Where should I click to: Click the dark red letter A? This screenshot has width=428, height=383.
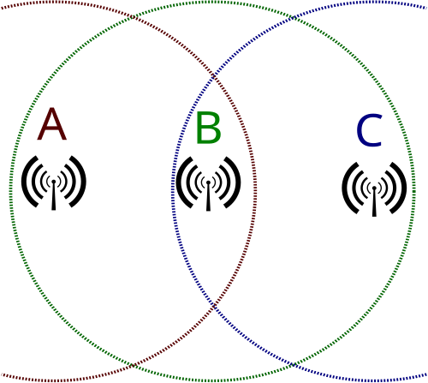pyautogui.click(x=52, y=124)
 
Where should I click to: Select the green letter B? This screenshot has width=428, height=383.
pyautogui.click(x=209, y=128)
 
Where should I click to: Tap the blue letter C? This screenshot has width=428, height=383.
pyautogui.click(x=370, y=130)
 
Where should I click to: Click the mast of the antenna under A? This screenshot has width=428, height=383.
pyautogui.click(x=53, y=196)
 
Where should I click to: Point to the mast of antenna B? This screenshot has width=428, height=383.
pyautogui.click(x=208, y=197)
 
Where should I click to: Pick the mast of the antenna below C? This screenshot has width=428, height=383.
pyautogui.click(x=374, y=203)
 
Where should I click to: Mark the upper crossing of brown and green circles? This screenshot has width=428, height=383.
pyautogui.click(x=133, y=18)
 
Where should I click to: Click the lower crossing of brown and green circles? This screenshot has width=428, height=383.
pyautogui.click(x=132, y=365)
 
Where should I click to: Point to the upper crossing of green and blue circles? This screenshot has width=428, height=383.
pyautogui.click(x=293, y=18)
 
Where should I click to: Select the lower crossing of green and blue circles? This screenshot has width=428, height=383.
pyautogui.click(x=292, y=364)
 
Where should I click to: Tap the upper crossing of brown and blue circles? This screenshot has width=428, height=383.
pyautogui.click(x=213, y=76)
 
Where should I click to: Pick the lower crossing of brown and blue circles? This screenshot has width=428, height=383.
pyautogui.click(x=213, y=307)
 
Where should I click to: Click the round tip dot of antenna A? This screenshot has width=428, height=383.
pyautogui.click(x=53, y=182)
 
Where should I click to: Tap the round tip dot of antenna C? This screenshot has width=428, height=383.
pyautogui.click(x=374, y=188)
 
